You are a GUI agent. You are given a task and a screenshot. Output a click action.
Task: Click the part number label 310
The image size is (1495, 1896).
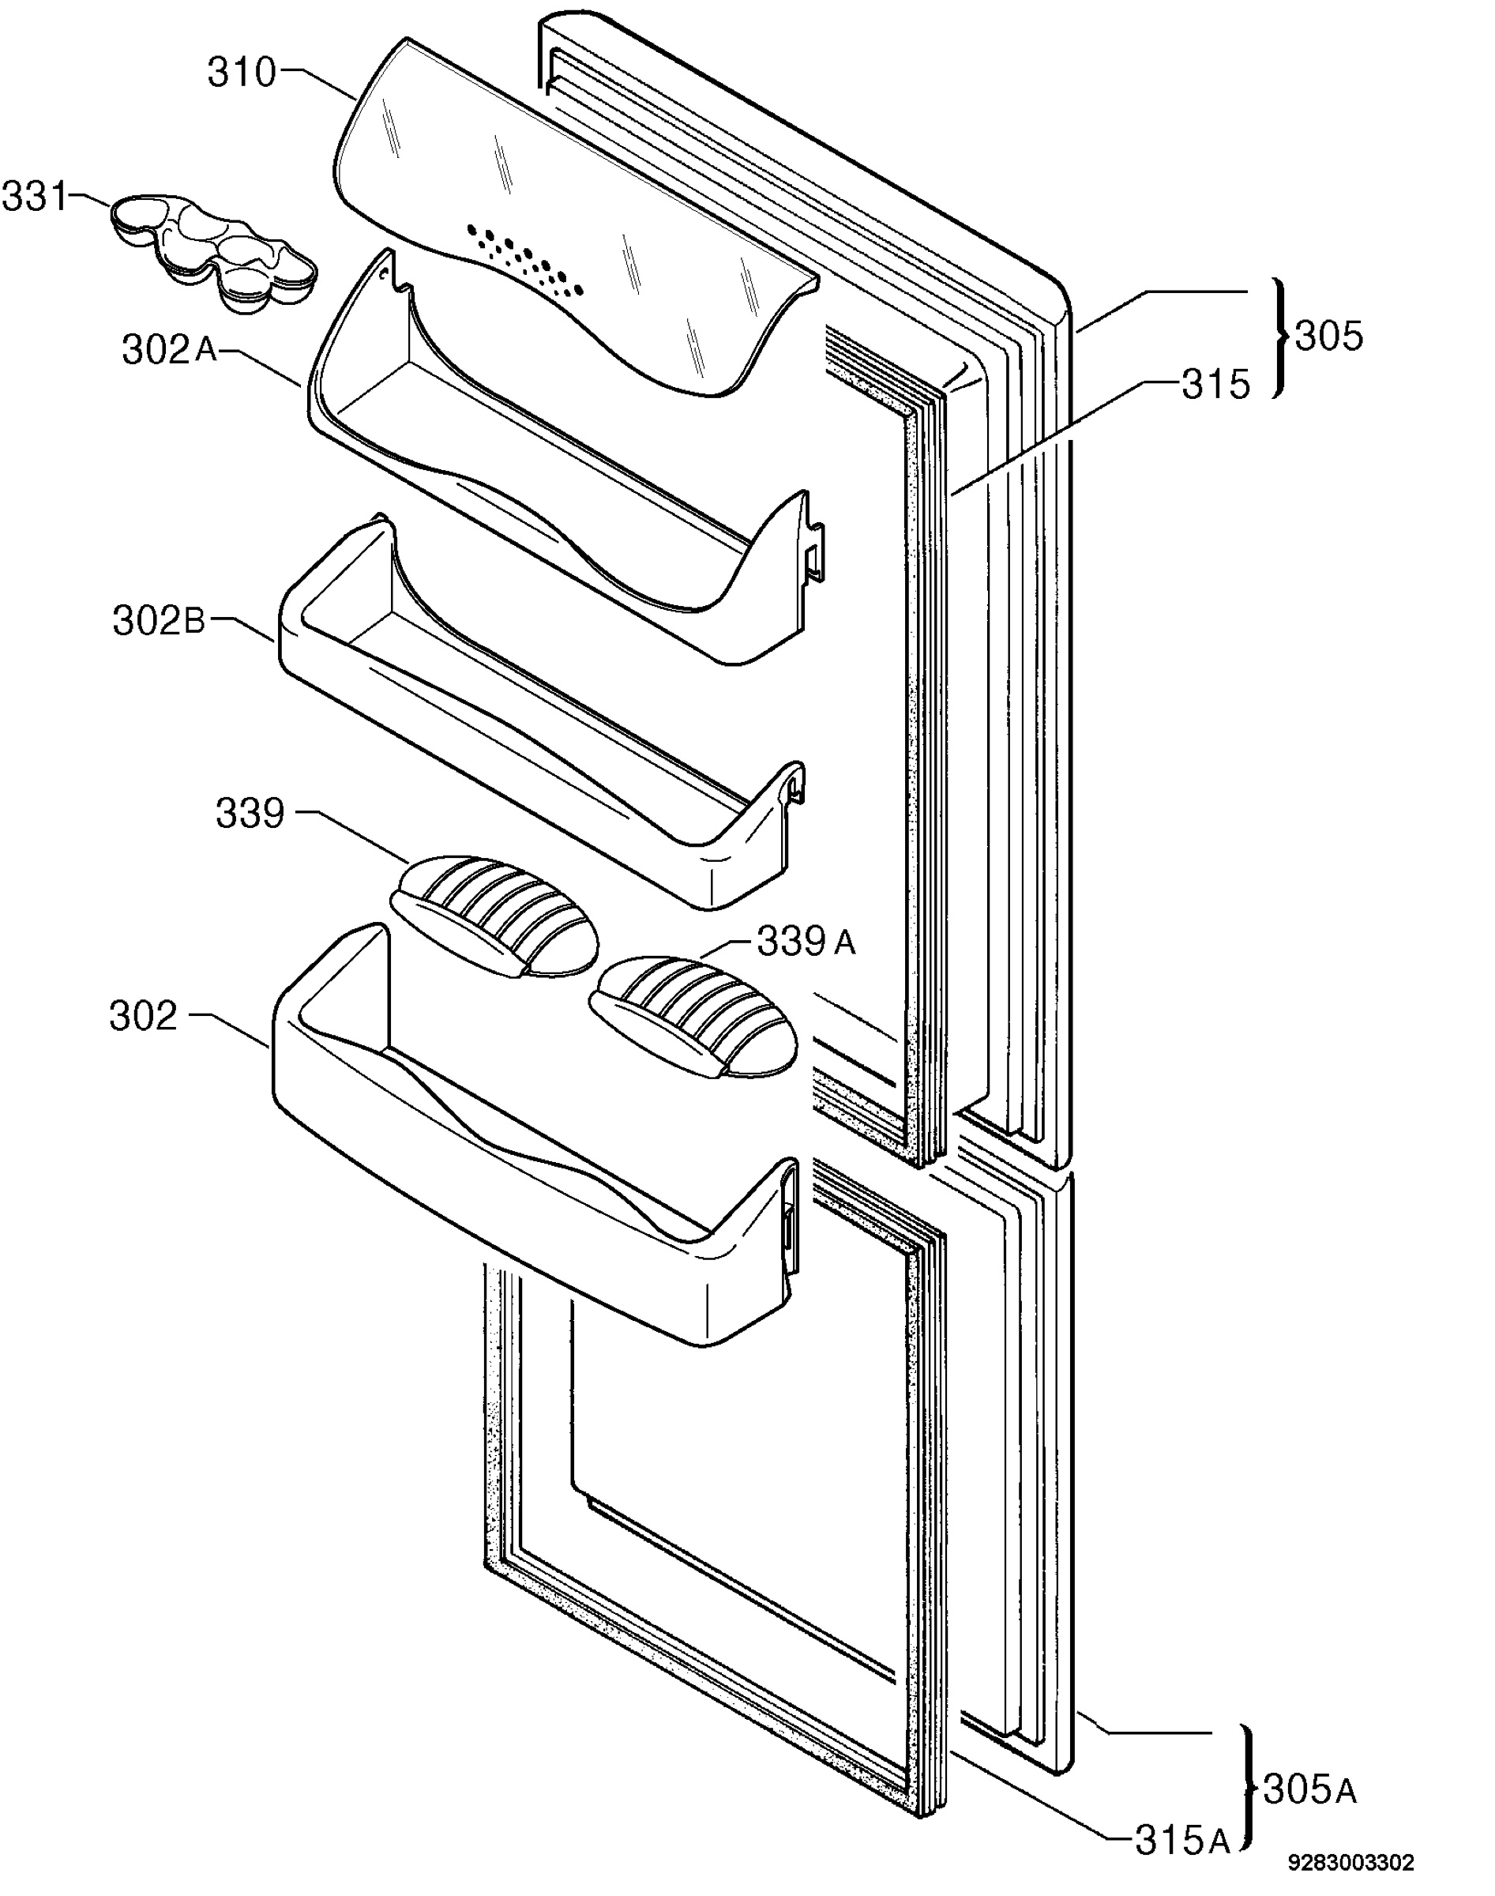pos(242,73)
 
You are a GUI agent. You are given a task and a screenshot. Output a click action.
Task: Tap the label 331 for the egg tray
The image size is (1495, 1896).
pos(35,197)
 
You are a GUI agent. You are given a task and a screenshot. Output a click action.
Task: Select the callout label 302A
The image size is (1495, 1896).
pos(169,350)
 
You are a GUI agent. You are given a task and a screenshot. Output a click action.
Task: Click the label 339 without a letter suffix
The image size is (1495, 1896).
pos(250,813)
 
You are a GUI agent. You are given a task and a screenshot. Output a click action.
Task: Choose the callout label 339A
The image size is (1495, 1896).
pos(806,942)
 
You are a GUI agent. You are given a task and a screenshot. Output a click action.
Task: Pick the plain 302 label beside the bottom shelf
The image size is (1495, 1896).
pos(144,1015)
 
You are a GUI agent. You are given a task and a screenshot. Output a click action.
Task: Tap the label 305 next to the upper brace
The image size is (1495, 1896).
pos(1328,335)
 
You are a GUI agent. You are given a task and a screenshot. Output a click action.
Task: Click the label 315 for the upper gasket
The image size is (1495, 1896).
pos(1215,384)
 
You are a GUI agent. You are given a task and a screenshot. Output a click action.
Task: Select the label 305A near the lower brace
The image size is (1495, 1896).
pos(1310,1790)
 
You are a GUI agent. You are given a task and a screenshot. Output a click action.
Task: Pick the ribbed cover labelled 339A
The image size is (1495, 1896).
pos(694,1016)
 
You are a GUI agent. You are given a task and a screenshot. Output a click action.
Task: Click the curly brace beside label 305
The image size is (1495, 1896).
pos(1282,338)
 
